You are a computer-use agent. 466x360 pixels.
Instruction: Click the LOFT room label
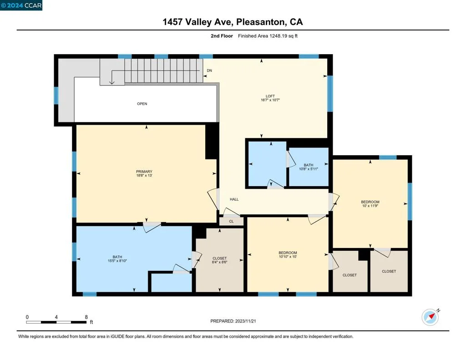point(270,96)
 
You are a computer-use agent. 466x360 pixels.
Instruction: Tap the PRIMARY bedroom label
point(144,172)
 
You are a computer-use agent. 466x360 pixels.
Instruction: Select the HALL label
point(234,199)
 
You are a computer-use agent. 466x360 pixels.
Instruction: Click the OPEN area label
point(142,104)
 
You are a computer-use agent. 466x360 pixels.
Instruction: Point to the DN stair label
point(209,71)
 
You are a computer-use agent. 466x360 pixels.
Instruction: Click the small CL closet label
point(232,222)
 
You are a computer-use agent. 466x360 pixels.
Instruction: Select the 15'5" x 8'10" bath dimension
point(117,261)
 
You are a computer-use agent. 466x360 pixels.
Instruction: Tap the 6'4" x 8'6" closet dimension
point(220,262)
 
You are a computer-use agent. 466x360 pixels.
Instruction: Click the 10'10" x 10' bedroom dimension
point(288,257)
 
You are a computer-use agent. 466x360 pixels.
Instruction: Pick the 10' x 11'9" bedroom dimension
point(370,206)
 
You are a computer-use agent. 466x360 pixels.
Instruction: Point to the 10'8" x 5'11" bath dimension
point(309,169)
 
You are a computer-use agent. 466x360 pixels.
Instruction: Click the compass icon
point(431,317)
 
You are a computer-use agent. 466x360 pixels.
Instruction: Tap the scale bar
point(56,322)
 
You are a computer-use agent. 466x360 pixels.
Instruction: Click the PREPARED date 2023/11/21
point(245,321)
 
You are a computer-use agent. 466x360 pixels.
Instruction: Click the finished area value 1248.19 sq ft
point(284,36)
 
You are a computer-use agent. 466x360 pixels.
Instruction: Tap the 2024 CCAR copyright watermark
point(21,5)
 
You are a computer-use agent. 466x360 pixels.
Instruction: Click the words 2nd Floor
point(222,36)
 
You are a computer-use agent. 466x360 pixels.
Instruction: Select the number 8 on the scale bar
point(86,317)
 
